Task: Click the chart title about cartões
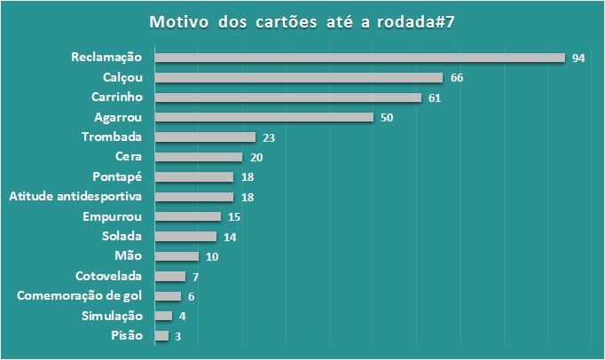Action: point(302,21)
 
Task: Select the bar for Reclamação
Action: point(359,58)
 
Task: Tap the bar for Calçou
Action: point(298,78)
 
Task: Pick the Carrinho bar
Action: point(287,98)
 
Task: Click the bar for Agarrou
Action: point(263,117)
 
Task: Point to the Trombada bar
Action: point(205,137)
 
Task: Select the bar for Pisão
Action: point(161,336)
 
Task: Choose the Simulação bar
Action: point(163,316)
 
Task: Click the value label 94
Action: point(578,59)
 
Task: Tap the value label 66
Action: point(457,78)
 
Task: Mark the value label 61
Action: point(435,98)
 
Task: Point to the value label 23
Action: point(270,137)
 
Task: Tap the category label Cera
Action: point(129,157)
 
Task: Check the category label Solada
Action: point(122,237)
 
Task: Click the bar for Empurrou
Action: point(187,216)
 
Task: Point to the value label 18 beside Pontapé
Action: point(248,177)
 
